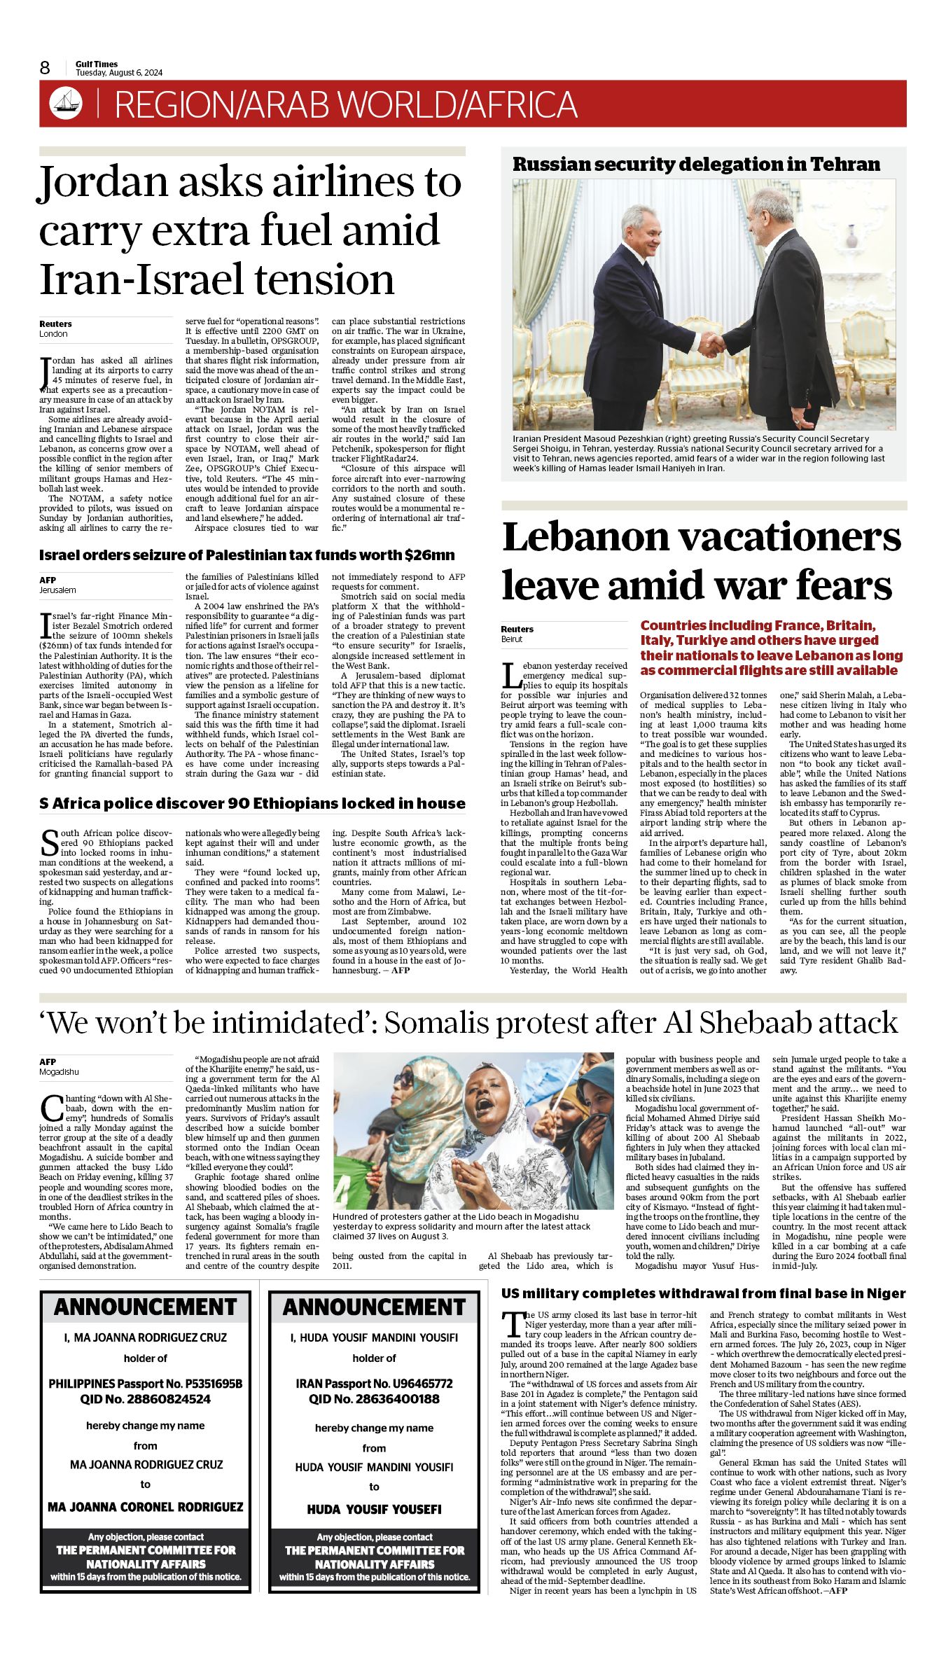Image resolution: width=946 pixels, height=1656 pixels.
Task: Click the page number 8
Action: (x=45, y=68)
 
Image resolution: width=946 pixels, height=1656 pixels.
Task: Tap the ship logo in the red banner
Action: (x=66, y=104)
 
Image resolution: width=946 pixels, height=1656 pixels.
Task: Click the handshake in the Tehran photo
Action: (x=711, y=344)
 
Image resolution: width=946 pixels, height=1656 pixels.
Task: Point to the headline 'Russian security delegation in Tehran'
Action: (x=696, y=165)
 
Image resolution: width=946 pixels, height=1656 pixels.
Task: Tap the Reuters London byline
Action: (x=55, y=328)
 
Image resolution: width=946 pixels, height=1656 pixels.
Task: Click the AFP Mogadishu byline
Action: (x=59, y=1066)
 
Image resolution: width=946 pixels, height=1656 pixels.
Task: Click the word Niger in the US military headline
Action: (x=886, y=1293)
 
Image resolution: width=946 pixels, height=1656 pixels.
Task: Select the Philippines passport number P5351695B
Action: (x=213, y=1384)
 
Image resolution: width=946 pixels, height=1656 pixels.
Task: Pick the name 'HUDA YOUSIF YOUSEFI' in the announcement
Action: (x=374, y=1509)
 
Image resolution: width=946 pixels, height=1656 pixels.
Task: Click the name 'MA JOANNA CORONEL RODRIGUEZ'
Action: (x=145, y=1506)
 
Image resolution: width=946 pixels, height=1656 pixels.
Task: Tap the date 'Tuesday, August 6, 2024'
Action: (x=119, y=73)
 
